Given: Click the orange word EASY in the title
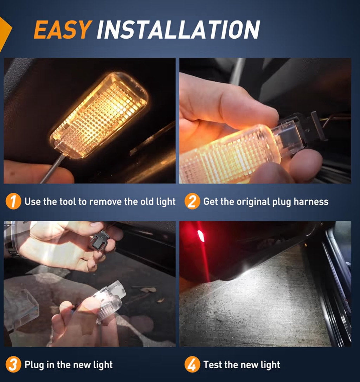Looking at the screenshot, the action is pyautogui.click(x=63, y=29).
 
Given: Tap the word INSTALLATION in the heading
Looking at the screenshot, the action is pyautogui.click(x=178, y=29).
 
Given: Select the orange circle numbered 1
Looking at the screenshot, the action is pyautogui.click(x=13, y=201).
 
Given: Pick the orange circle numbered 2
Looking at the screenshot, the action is pyautogui.click(x=192, y=201).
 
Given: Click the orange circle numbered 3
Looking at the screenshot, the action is pyautogui.click(x=13, y=364).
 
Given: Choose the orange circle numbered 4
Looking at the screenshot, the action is pyautogui.click(x=192, y=364).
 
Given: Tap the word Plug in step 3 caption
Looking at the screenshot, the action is pyautogui.click(x=34, y=365).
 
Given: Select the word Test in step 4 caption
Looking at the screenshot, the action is pyautogui.click(x=213, y=365).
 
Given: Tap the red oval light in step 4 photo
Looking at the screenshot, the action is pyautogui.click(x=201, y=236).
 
